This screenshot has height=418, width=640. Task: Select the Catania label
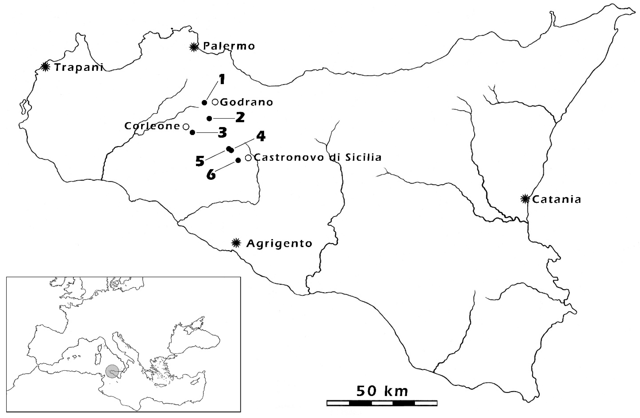(556, 200)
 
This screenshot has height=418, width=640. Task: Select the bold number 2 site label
(240, 118)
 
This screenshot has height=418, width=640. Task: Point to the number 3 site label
(222, 133)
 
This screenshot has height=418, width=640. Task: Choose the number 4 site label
(260, 137)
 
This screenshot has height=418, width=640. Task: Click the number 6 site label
(211, 174)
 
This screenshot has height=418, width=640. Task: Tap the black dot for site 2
(209, 119)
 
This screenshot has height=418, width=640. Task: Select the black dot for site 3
(192, 132)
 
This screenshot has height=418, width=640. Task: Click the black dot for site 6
(238, 160)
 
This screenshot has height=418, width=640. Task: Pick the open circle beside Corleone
(186, 126)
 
